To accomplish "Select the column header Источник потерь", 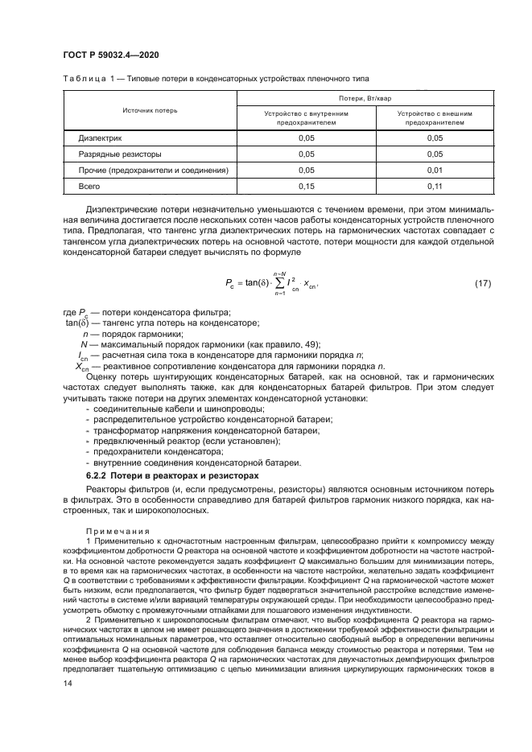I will pos(151,110).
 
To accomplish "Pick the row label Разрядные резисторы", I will pos(119,154).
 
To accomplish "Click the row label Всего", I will pos(89,187).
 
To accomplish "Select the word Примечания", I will pos(119,531).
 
